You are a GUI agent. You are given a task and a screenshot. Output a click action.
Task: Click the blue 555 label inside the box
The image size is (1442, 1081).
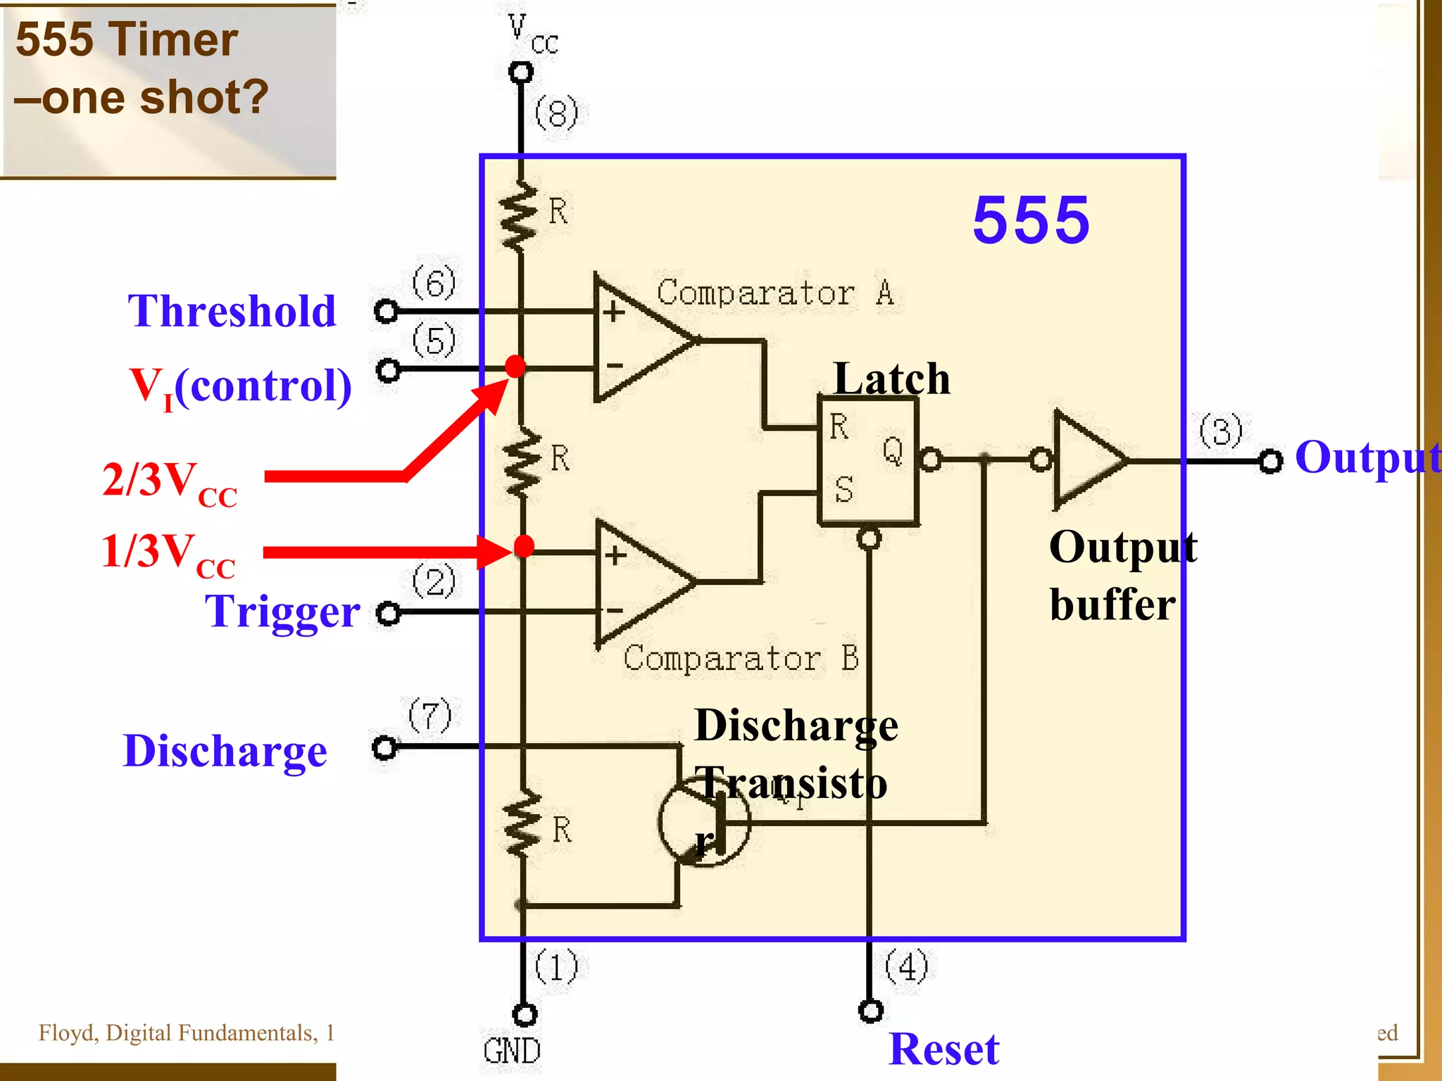(1031, 220)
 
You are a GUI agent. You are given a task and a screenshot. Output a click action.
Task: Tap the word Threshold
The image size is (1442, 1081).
(232, 311)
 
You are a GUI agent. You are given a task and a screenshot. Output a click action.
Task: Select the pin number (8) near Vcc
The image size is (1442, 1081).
(556, 113)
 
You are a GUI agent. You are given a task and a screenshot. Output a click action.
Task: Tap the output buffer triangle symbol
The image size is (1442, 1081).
(1088, 460)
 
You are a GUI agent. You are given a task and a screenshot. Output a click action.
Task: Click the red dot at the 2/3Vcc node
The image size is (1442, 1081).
(515, 367)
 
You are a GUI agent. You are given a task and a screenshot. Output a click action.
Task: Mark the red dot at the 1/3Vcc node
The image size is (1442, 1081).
(524, 546)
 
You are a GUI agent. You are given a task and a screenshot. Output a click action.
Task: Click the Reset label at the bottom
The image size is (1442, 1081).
(943, 1049)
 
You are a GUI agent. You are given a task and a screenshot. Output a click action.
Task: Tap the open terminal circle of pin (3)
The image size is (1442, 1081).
(1270, 462)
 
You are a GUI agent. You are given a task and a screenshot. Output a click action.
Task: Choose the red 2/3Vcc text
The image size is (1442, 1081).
(170, 483)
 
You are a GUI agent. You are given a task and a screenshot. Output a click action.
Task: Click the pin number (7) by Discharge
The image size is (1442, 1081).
(430, 715)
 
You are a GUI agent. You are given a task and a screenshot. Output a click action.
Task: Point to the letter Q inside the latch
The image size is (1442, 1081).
(893, 450)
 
